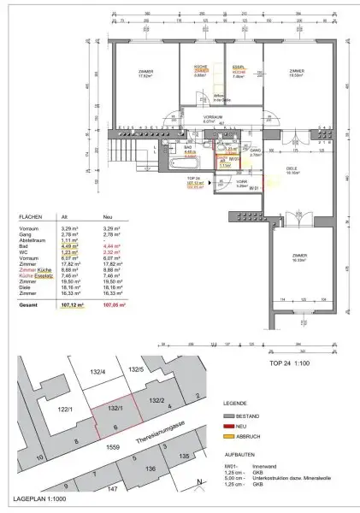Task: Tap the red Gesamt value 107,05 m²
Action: tap(113, 304)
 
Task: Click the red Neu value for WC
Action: tap(112, 253)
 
